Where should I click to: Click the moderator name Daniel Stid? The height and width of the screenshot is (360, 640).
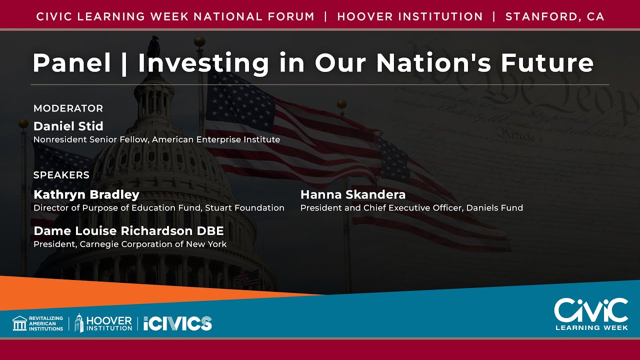click(x=68, y=126)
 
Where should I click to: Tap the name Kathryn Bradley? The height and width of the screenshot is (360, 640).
click(x=86, y=194)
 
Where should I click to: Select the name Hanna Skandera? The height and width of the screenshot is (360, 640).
click(x=352, y=194)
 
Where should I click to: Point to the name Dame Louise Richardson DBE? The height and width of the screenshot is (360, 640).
click(x=128, y=231)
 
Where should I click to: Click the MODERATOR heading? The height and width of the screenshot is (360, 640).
click(x=68, y=108)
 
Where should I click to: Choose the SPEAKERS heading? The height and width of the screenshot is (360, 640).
click(x=61, y=175)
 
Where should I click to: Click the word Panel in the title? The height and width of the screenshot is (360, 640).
click(x=71, y=63)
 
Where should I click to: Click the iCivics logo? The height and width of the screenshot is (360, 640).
click(x=177, y=323)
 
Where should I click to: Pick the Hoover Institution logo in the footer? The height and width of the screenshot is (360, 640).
click(x=103, y=323)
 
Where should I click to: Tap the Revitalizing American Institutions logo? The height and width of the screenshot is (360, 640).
click(x=38, y=323)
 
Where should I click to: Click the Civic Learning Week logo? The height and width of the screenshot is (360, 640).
click(x=591, y=314)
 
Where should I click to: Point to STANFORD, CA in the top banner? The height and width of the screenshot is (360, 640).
click(x=555, y=16)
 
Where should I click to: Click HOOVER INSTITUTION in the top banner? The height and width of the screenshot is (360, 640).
click(x=410, y=16)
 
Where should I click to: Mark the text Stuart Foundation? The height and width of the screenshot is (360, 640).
click(x=244, y=208)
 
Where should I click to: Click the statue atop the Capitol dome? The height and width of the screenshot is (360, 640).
click(x=153, y=45)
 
